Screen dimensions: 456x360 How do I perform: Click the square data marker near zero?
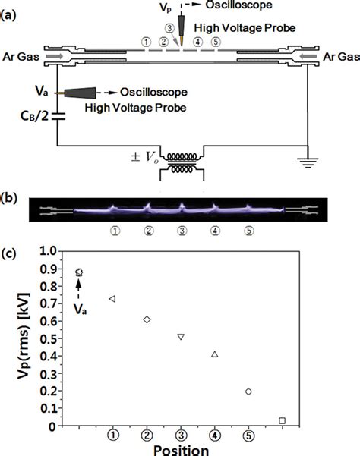coord(283,420)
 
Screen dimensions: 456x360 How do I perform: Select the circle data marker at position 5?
coord(248,392)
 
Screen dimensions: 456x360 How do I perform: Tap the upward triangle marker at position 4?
coord(215,354)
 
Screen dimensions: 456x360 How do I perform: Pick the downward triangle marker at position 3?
coord(181,336)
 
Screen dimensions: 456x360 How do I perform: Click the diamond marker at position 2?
coord(147,319)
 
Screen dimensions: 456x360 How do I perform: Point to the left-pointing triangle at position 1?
coord(112,300)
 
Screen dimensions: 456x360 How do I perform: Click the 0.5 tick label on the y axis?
coord(48,338)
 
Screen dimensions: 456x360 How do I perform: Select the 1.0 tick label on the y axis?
coord(48,250)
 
